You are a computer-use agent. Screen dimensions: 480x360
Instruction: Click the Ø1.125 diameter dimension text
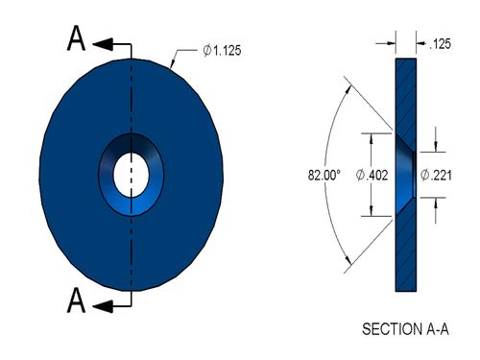pyautogui.click(x=222, y=51)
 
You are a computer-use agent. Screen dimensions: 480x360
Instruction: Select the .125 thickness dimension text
pyautogui.click(x=440, y=44)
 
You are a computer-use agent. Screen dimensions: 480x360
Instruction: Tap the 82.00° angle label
pyautogui.click(x=324, y=176)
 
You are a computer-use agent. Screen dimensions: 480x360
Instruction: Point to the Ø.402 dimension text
pyautogui.click(x=372, y=175)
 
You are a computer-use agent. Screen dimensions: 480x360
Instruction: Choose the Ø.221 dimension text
pyautogui.click(x=436, y=175)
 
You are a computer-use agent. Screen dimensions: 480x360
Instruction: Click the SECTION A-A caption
pyautogui.click(x=405, y=329)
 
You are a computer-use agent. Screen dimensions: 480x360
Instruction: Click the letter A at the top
pyautogui.click(x=76, y=38)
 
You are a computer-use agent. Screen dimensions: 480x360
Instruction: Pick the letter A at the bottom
pyautogui.click(x=76, y=300)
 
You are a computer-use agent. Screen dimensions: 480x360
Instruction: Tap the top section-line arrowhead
pyautogui.click(x=103, y=44)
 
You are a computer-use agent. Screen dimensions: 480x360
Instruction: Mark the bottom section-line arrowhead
pyautogui.click(x=103, y=306)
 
